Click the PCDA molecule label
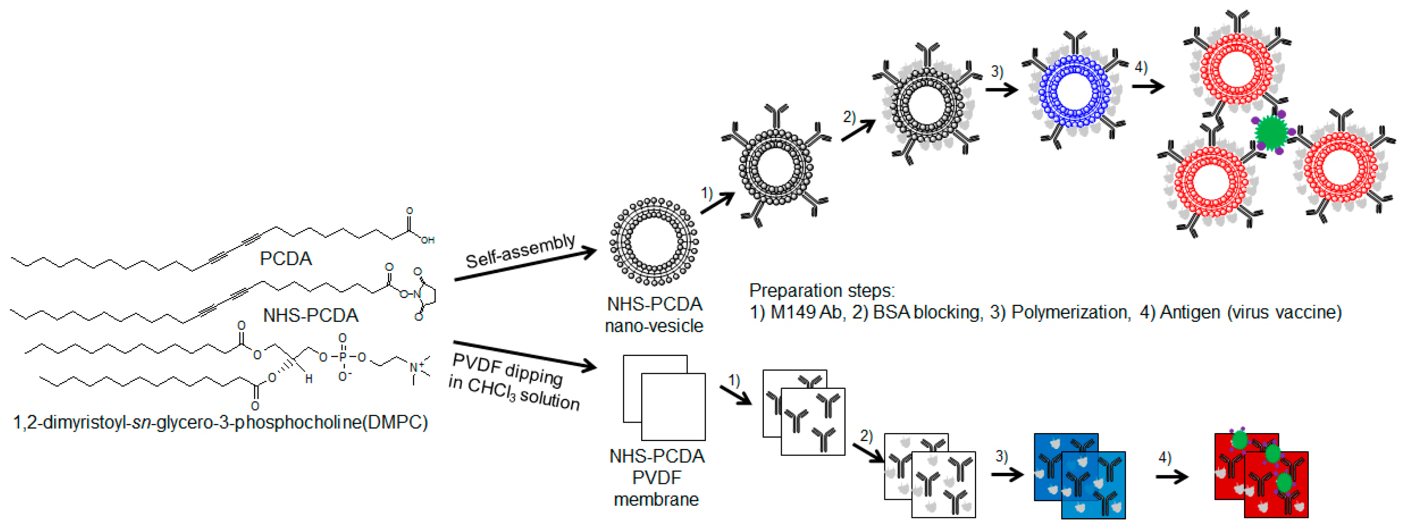coord(285,259)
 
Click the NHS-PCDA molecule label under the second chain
coord(310,316)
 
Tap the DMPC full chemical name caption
coord(220,422)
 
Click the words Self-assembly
coord(520,251)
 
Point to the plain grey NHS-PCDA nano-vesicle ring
coord(654,241)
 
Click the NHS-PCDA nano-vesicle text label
coord(654,315)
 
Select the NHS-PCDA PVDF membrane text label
coord(656,478)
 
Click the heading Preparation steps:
coord(821,291)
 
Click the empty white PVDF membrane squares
coord(664,398)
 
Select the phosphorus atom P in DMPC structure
coord(342,357)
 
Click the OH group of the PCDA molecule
coord(427,240)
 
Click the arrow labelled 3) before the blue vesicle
coord(1001,89)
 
